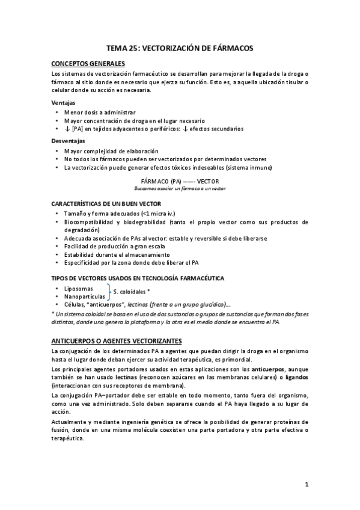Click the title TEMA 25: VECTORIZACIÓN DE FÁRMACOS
(x=180, y=47)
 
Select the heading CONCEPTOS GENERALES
(x=88, y=64)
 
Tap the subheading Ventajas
(x=63, y=103)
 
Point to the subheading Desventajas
(x=67, y=141)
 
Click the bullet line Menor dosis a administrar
(x=99, y=112)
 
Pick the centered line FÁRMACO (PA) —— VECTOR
(x=180, y=181)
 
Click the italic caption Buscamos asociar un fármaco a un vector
(x=180, y=188)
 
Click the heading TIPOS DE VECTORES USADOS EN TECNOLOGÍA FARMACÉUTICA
(x=138, y=278)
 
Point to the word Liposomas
(x=78, y=289)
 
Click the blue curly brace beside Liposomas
(x=109, y=292)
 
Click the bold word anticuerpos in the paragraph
(x=271, y=368)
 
